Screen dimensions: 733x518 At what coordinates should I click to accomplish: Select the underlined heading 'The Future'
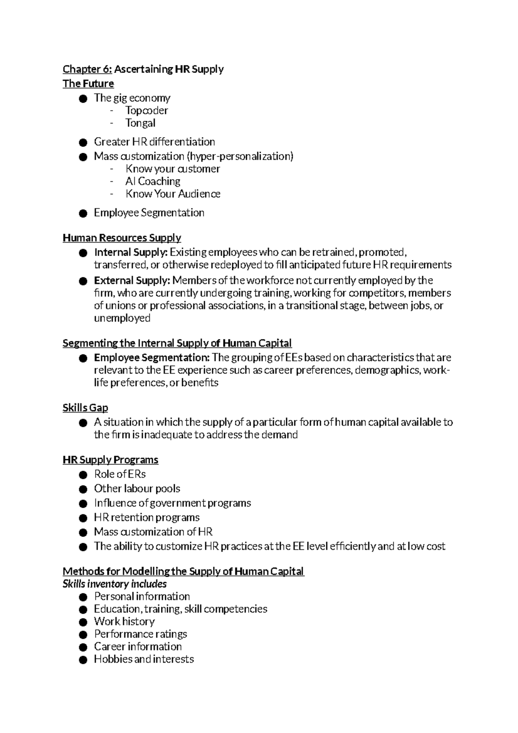pos(88,83)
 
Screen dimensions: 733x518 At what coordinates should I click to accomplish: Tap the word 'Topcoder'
pos(146,111)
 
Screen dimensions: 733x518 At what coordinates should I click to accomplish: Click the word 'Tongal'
pos(140,123)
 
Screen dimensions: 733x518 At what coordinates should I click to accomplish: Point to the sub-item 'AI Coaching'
pos(153,181)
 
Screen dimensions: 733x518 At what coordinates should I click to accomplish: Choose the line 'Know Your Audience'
pos(173,194)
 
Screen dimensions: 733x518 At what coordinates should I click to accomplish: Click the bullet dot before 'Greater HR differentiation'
pos(83,142)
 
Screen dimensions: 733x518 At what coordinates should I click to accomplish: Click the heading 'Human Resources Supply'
pos(122,238)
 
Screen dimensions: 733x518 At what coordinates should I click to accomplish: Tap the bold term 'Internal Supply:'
pos(131,252)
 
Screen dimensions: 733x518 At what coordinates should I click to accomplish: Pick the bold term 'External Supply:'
pos(132,281)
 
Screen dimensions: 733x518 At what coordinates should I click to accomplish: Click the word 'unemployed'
pos(122,319)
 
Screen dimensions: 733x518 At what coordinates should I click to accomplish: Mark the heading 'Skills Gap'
pos(85,408)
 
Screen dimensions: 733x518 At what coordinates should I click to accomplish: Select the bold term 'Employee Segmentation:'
pos(152,357)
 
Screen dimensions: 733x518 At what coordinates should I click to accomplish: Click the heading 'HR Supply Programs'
pos(111,460)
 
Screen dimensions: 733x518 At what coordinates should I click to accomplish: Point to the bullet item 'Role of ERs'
pos(120,474)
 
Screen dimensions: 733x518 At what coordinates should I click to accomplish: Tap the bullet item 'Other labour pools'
pos(137,488)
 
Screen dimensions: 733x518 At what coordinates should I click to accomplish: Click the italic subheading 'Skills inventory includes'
pos(114,584)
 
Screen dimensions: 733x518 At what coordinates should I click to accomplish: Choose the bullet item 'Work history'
pos(124,621)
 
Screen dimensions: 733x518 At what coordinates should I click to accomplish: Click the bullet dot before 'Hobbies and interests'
pos(83,659)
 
